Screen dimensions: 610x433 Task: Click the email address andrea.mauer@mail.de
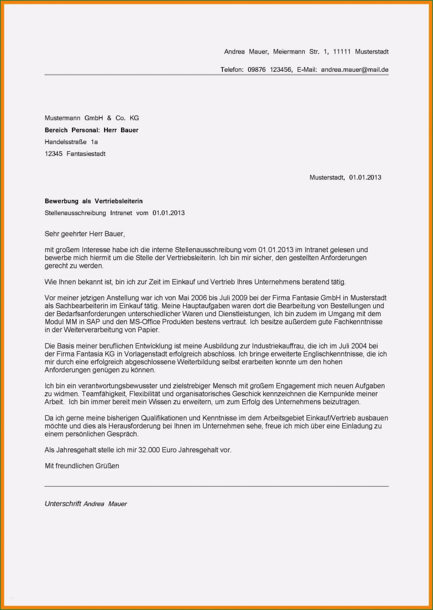[354, 70]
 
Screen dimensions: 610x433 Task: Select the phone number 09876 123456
[270, 70]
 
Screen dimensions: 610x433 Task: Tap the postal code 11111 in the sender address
[342, 52]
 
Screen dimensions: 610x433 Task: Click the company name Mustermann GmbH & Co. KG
[92, 118]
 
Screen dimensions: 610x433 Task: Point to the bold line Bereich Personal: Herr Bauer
[92, 130]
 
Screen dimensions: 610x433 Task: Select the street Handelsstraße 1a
[71, 142]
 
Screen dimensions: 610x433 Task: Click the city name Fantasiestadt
[86, 154]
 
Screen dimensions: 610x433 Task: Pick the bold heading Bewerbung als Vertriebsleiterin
[94, 201]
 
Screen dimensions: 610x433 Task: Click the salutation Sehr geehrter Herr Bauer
[84, 234]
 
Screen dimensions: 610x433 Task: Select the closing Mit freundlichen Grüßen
[82, 466]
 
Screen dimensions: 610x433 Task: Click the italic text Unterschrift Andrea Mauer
[86, 504]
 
